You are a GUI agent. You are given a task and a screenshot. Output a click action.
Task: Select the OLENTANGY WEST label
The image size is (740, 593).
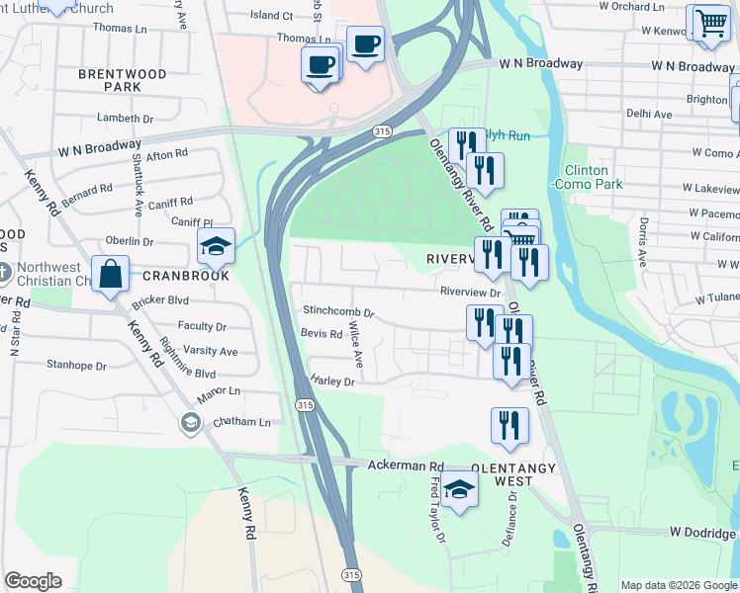(488, 473)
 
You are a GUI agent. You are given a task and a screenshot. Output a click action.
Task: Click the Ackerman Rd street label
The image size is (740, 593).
(406, 465)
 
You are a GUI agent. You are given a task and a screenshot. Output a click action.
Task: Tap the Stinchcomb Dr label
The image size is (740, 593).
(338, 311)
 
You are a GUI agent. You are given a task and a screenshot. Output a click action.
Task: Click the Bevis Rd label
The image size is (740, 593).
(322, 334)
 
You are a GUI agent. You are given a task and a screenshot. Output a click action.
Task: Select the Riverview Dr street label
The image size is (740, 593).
(471, 293)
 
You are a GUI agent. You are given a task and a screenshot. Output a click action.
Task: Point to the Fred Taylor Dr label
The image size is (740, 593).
(437, 514)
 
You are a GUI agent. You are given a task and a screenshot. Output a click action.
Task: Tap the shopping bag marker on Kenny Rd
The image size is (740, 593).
(112, 274)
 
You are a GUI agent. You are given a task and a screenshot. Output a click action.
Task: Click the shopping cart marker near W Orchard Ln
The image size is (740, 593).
(708, 23)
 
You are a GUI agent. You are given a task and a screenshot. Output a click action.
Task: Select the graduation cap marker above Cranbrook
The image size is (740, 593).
(214, 246)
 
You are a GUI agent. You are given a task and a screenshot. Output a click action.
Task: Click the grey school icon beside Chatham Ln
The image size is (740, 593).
(189, 423)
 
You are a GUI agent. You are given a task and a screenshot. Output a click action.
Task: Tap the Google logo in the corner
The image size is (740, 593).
(34, 581)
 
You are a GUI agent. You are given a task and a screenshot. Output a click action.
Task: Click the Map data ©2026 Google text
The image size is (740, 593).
(678, 585)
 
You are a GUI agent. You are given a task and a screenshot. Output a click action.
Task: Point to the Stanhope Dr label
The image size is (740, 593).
(75, 364)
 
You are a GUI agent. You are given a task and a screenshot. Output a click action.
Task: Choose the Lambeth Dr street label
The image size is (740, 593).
(126, 118)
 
